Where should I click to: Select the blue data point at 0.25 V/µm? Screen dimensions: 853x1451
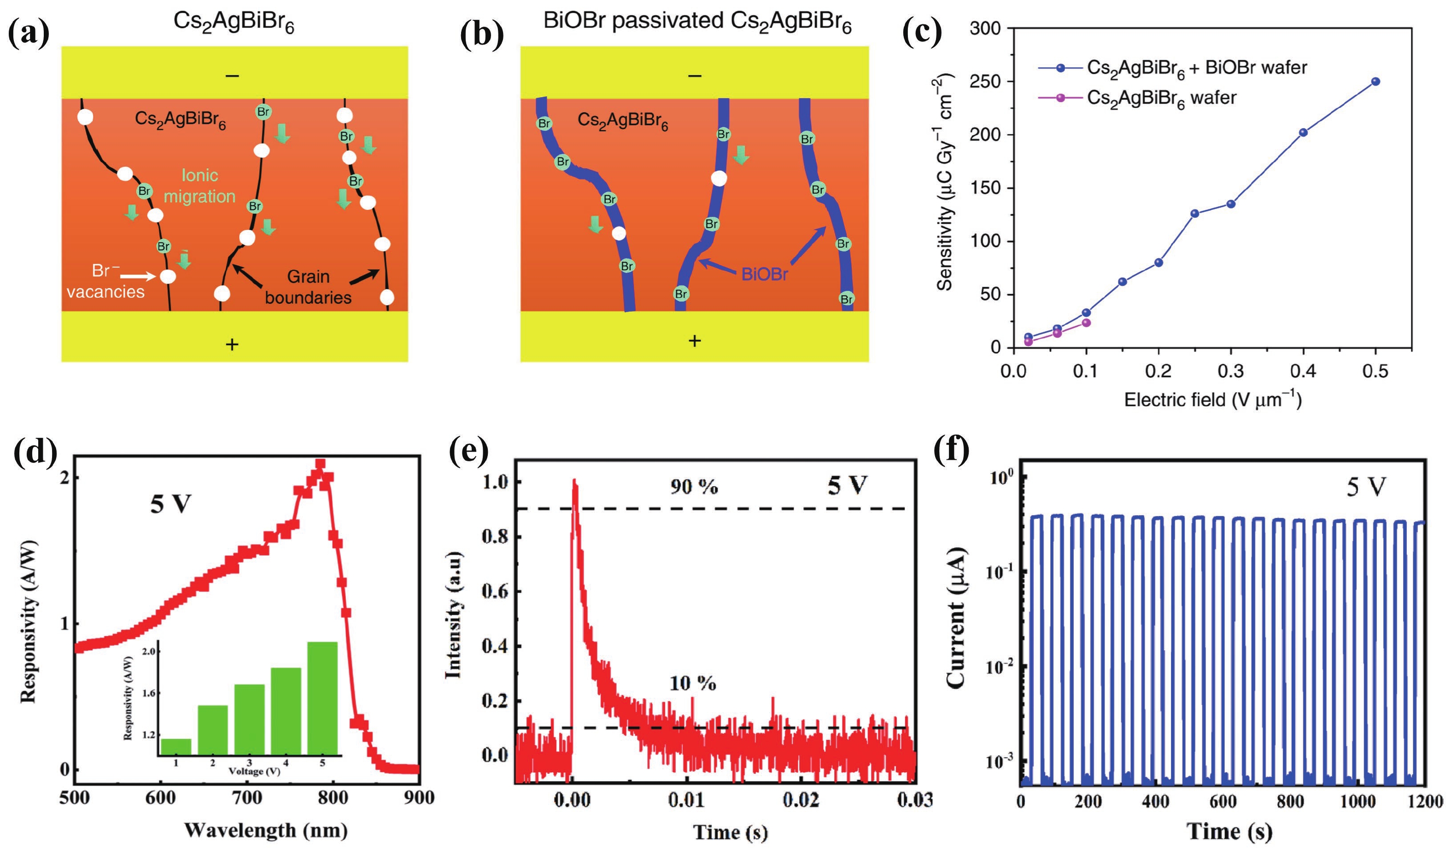(x=1195, y=214)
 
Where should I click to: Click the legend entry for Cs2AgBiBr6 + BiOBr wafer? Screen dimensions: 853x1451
(x=1197, y=68)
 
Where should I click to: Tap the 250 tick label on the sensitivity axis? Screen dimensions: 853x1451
(x=985, y=82)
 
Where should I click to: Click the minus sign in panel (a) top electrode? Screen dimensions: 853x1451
(x=232, y=75)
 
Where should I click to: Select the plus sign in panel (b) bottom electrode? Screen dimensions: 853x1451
(x=695, y=341)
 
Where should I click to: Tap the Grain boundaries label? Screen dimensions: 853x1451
(x=308, y=287)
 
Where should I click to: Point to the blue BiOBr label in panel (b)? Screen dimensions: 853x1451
(x=764, y=274)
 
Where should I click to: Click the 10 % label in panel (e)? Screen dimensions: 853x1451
(x=693, y=684)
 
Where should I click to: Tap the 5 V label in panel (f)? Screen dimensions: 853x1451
(x=1366, y=488)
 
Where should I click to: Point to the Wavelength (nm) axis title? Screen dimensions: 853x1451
(x=265, y=830)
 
